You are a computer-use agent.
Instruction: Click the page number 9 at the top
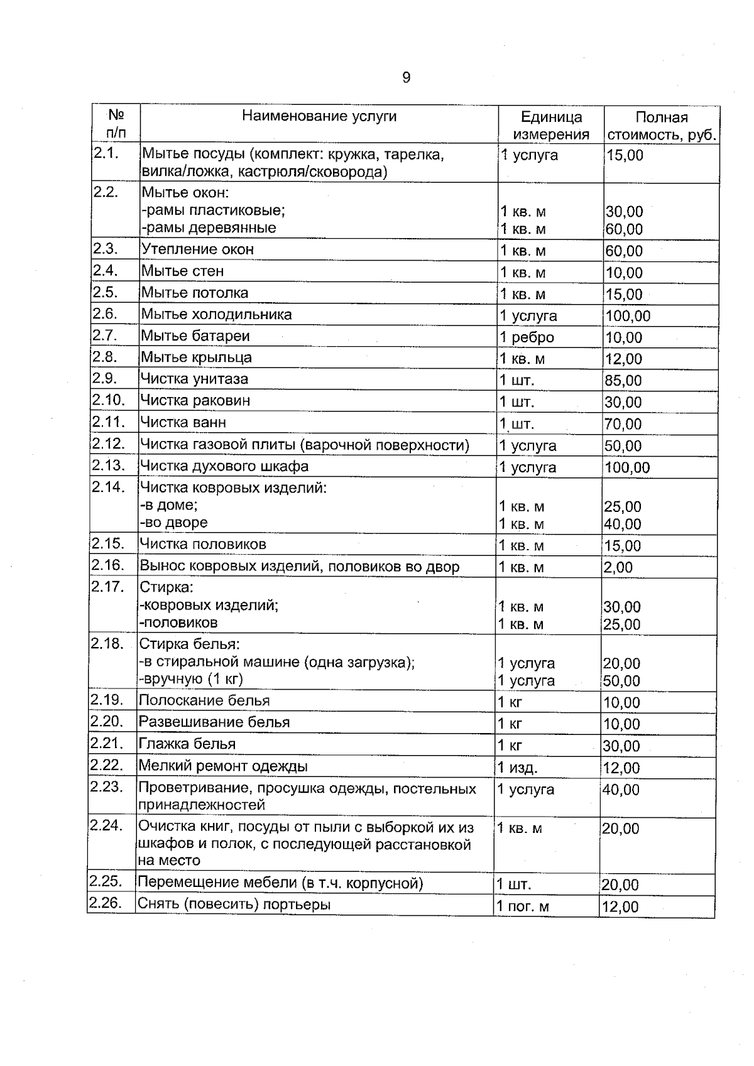coord(406,77)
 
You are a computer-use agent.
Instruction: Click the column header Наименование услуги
coord(319,116)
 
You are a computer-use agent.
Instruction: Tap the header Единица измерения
coord(551,126)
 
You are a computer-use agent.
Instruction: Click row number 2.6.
coord(104,313)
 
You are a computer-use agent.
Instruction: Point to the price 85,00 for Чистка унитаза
coord(623,381)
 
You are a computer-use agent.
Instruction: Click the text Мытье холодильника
coord(216,314)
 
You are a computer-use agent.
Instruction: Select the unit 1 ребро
coord(527,338)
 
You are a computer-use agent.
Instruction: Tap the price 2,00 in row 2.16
coord(618,567)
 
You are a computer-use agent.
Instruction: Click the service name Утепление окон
coord(197,249)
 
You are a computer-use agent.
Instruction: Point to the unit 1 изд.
coord(518,768)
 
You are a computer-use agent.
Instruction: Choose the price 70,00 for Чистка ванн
coord(623,424)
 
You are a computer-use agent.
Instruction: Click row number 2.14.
coord(107,487)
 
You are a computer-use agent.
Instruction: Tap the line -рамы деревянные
coord(208,228)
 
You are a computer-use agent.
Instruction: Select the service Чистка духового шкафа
coord(224,466)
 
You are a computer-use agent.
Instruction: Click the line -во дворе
coord(173,523)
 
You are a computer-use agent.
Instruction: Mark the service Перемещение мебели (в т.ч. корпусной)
coord(280,883)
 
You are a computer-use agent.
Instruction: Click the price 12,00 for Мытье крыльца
coord(623,359)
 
